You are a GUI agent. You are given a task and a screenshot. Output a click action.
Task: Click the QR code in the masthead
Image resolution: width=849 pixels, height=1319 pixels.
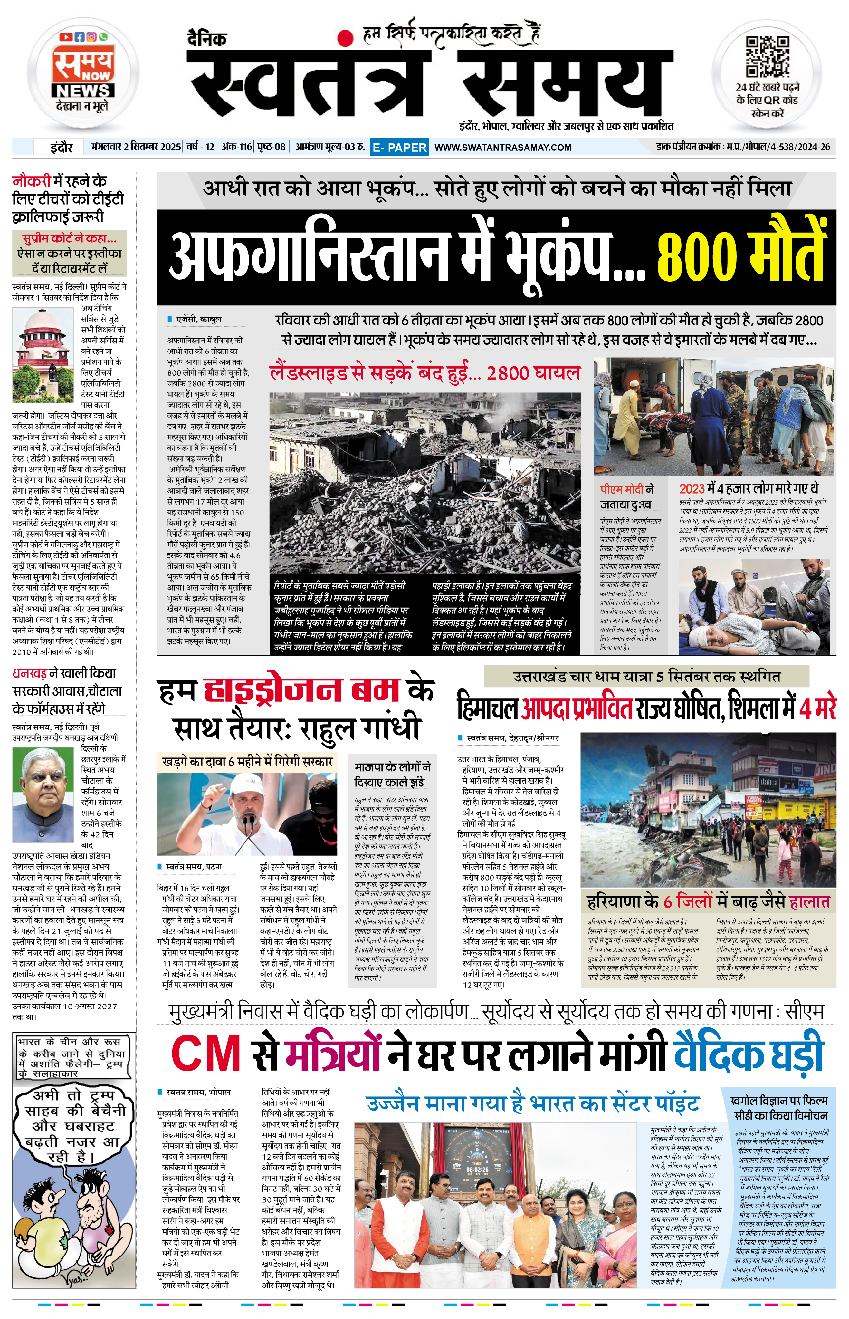(x=767, y=57)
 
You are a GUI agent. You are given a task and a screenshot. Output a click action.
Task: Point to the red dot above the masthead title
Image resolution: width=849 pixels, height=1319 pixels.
(x=345, y=37)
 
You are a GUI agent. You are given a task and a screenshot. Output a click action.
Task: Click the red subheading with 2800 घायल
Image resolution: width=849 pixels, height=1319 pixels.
(x=424, y=373)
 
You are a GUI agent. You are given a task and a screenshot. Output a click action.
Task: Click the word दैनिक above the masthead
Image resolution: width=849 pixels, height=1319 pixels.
(x=205, y=39)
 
